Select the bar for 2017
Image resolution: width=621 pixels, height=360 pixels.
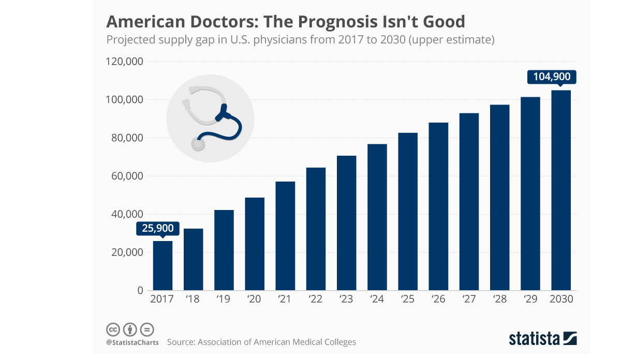tap(162, 266)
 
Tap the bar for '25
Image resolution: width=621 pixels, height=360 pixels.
tap(408, 212)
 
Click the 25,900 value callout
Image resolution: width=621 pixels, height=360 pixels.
tap(158, 228)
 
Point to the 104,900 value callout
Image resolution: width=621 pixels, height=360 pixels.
tap(552, 77)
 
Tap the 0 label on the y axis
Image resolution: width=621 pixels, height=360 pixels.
tap(139, 291)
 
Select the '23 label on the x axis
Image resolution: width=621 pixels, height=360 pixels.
tap(347, 299)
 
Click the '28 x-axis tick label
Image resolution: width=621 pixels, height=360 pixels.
tap(500, 299)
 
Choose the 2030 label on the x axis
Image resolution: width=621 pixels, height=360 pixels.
tap(561, 299)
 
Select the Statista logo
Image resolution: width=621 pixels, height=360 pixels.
tap(542, 339)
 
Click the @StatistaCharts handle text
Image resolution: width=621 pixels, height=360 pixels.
tap(132, 342)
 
